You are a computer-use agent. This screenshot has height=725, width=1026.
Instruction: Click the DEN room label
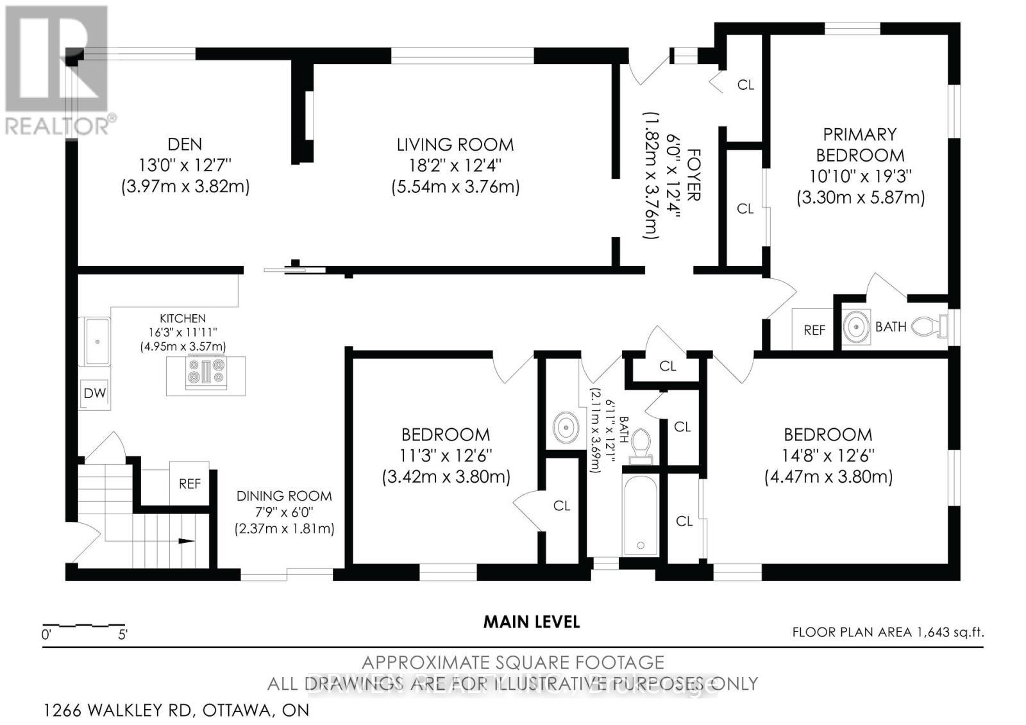point(185,145)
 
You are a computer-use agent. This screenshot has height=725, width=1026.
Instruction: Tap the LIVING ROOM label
point(455,145)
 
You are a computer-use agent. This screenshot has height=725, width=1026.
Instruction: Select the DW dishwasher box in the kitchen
point(95,393)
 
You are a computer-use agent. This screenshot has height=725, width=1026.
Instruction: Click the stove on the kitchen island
point(206,373)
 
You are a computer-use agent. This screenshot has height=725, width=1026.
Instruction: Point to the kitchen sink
point(95,341)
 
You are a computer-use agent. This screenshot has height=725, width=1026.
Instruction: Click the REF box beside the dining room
point(190,483)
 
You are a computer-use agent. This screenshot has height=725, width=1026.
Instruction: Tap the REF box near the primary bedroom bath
point(814,329)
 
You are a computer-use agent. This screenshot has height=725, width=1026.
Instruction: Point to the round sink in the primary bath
point(857,327)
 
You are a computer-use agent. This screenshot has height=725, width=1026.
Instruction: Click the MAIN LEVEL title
point(532,621)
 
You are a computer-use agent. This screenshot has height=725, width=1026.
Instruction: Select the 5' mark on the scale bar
point(122,635)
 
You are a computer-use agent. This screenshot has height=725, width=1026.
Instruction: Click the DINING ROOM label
point(284,496)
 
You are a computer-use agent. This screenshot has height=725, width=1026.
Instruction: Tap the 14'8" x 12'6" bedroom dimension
point(828,456)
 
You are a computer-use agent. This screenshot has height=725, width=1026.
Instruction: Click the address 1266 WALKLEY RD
point(119,710)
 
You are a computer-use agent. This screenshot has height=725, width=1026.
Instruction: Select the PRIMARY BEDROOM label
point(860,145)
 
